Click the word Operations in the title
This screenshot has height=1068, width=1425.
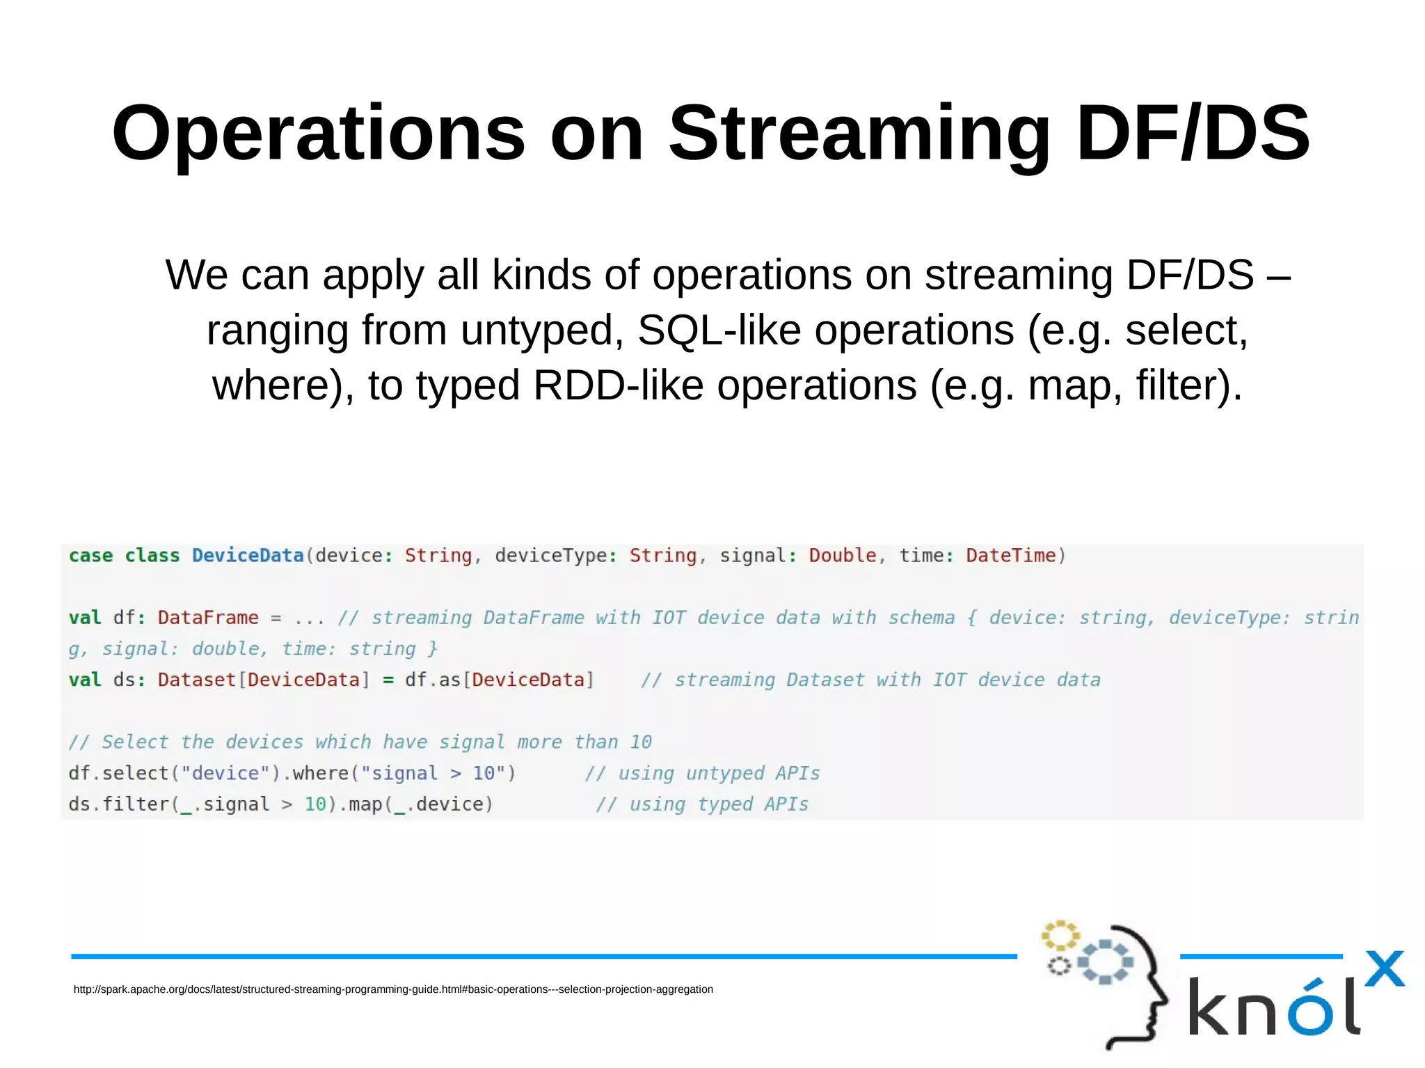(318, 134)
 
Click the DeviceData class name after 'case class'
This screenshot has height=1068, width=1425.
(248, 555)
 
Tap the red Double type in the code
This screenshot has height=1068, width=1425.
(842, 555)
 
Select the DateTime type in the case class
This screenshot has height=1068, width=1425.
(1010, 555)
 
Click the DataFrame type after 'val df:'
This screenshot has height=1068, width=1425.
(208, 618)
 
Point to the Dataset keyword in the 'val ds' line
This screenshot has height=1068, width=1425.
(197, 680)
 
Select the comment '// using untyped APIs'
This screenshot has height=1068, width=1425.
(702, 773)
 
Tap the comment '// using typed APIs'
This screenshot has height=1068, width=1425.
(702, 804)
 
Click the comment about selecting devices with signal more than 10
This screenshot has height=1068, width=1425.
(360, 742)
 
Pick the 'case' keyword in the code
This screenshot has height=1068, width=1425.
(90, 555)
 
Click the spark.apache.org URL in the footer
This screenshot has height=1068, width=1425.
(393, 989)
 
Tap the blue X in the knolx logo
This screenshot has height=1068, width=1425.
(1384, 969)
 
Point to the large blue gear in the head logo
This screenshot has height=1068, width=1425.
(1105, 962)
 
